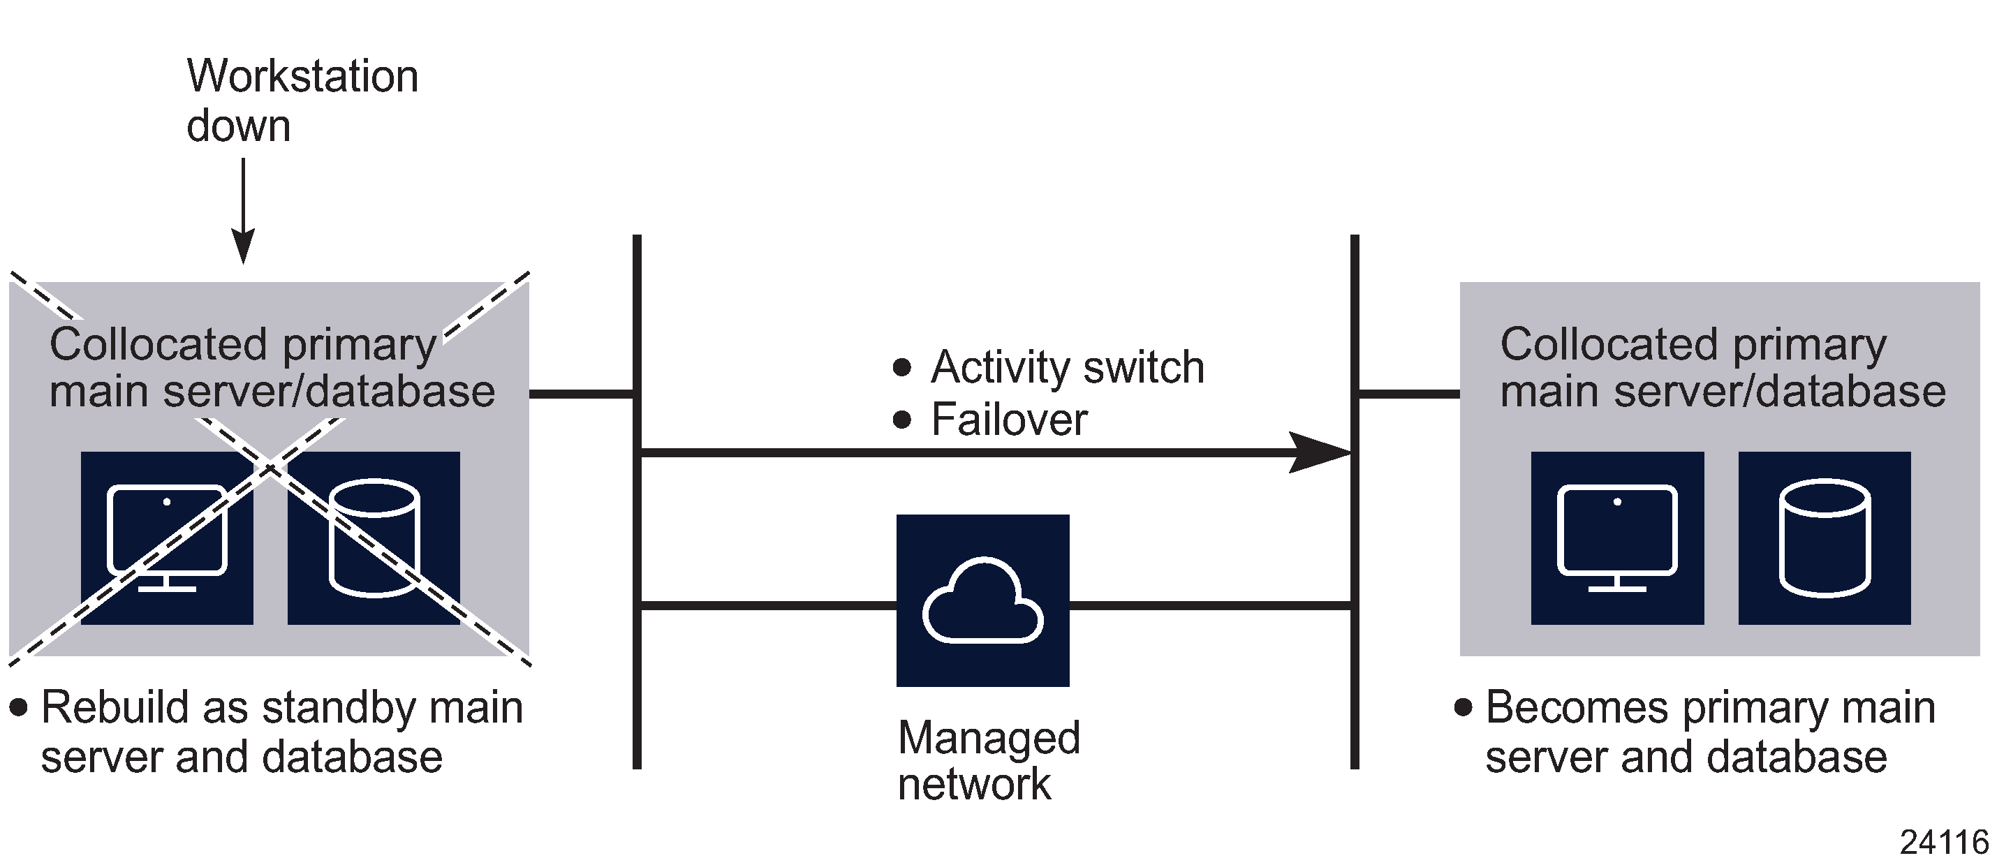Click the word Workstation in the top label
[x=302, y=77]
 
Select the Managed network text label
[x=988, y=761]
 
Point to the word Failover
[x=1009, y=420]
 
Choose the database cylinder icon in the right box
[x=1824, y=538]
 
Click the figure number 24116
[x=1944, y=843]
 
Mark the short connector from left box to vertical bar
[x=582, y=394]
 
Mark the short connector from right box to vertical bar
[x=1408, y=394]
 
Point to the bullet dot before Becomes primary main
[x=1463, y=707]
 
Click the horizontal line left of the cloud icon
[x=768, y=605]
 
